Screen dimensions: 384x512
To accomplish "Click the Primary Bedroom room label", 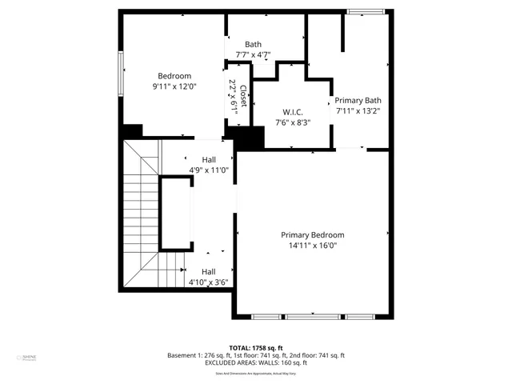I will [312, 235].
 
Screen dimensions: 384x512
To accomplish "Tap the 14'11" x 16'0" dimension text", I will [312, 246].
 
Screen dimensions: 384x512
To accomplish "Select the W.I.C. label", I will [292, 112].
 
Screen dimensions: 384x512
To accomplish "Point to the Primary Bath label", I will [358, 101].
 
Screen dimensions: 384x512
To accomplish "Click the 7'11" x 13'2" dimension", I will [358, 111].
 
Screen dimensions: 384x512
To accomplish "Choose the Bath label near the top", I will [253, 45].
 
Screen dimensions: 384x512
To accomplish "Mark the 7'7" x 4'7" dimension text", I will [253, 55].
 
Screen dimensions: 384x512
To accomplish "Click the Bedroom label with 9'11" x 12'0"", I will [174, 76].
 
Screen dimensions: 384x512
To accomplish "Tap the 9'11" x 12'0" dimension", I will [174, 86].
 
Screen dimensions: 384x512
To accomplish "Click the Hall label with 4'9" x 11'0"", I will [208, 159].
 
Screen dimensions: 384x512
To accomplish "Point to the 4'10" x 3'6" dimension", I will [209, 282].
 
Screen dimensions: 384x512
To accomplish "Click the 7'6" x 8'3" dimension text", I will [292, 122].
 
